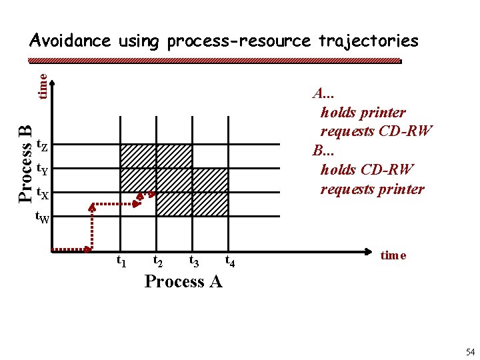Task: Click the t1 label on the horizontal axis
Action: click(x=122, y=261)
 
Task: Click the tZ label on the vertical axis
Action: click(x=41, y=144)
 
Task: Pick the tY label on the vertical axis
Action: click(x=41, y=169)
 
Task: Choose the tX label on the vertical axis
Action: click(x=41, y=194)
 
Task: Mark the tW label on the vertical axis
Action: click(x=41, y=217)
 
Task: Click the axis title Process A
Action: click(x=183, y=281)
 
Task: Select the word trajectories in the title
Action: click(x=368, y=41)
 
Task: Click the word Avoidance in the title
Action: click(x=70, y=41)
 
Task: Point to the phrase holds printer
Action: click(x=363, y=112)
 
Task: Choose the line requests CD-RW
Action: click(x=376, y=131)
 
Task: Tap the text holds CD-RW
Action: click(x=367, y=169)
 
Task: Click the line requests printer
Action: click(x=372, y=189)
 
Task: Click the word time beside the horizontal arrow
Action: click(x=393, y=255)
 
